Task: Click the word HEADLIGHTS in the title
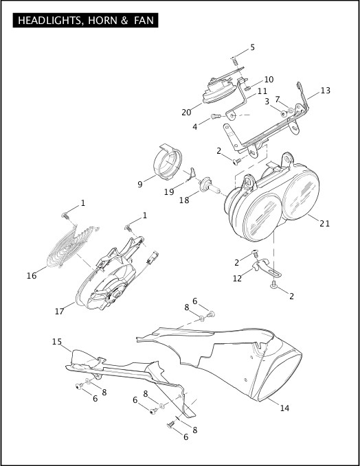(45, 21)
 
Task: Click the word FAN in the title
(142, 21)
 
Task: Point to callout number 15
(56, 341)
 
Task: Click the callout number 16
(31, 275)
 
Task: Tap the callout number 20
(186, 113)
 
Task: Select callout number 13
(325, 91)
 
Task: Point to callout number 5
(252, 47)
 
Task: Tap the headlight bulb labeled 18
(208, 185)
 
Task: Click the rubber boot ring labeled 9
(165, 165)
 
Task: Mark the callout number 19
(168, 193)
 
